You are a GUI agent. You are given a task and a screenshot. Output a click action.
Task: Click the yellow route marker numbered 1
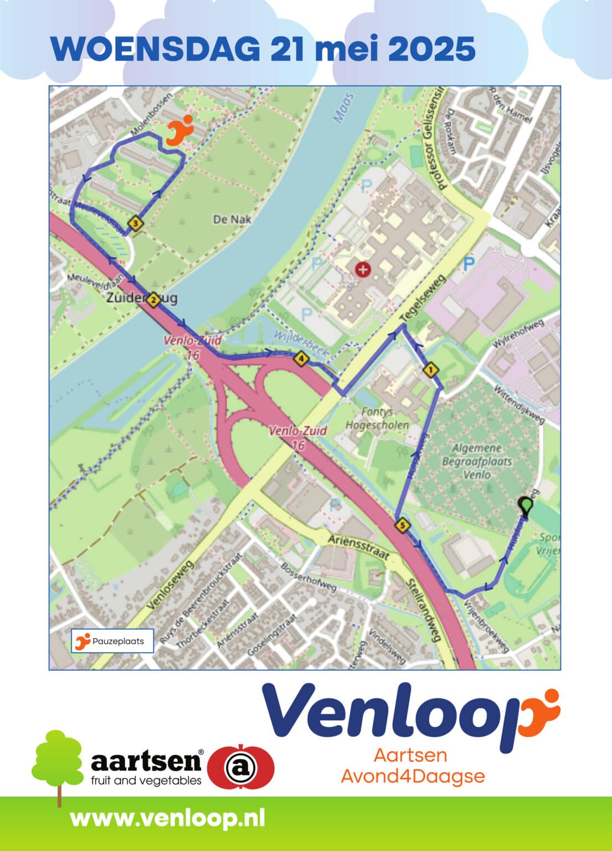pos(430,368)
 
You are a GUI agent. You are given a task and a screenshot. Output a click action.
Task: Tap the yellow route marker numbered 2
pos(153,300)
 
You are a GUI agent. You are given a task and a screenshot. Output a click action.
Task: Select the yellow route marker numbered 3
pos(135,224)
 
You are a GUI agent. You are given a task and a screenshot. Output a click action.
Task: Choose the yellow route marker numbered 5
pos(402,524)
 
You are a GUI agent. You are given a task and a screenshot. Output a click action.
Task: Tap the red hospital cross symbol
pos(363,270)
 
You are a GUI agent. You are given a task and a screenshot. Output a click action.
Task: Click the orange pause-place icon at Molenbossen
pos(179,130)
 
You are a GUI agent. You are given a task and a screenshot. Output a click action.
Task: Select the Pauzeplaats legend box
pos(112,641)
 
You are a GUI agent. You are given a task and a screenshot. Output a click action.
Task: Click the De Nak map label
pos(232,219)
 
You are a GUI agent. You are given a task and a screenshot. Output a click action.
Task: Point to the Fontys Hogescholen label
pos(377,418)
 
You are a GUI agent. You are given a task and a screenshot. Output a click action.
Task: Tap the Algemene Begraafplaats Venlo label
pos(476,461)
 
